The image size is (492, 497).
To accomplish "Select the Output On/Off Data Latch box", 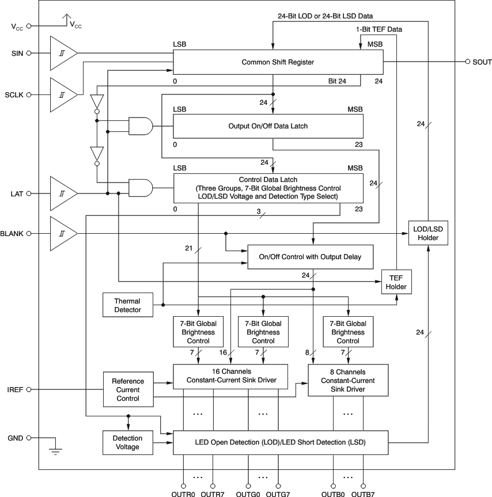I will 268,126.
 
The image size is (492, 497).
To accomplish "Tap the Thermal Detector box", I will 127,305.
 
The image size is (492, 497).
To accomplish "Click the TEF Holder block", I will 396,282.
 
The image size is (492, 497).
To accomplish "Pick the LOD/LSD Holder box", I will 427,233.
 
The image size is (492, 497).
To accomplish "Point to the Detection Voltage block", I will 127,442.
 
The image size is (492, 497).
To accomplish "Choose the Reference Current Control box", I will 128,390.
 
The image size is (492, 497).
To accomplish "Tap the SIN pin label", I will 17,53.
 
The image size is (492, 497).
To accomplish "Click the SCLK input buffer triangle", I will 62,94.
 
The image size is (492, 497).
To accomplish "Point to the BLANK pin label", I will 12,234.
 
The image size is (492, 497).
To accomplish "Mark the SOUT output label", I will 482,62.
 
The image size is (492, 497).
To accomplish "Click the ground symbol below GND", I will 55,450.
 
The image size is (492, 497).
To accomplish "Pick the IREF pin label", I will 14,390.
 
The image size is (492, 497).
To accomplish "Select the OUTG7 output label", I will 278,492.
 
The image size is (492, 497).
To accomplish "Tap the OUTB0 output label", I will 333,492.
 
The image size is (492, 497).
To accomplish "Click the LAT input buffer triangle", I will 62,194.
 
